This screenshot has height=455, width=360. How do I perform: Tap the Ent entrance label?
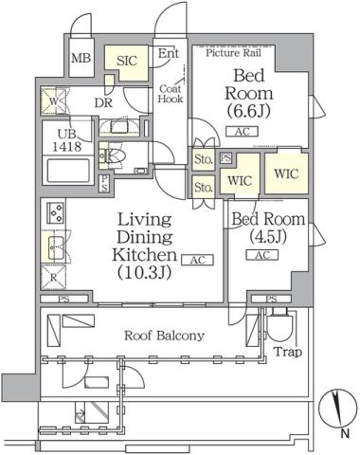pos(167,54)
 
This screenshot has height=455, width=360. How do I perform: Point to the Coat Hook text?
pos(170,92)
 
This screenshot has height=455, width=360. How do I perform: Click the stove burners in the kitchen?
pos(52,214)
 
